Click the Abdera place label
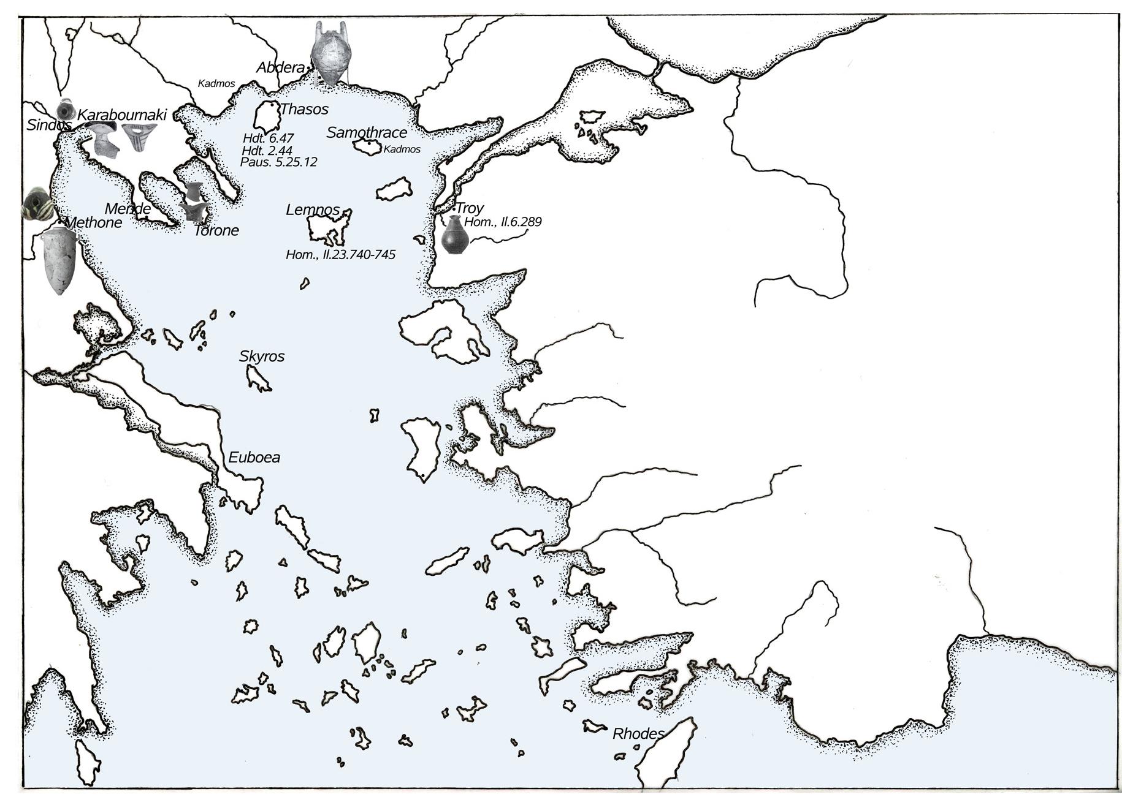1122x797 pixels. click(280, 67)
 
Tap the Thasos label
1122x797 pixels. click(304, 110)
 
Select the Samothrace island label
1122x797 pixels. click(367, 132)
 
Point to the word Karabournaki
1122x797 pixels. click(122, 115)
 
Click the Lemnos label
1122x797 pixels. click(312, 210)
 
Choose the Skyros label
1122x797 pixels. click(262, 357)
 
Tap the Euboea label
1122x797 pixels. click(254, 458)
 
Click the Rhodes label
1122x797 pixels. click(638, 734)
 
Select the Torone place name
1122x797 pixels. click(216, 231)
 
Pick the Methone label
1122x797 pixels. click(93, 222)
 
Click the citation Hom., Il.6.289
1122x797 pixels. click(503, 222)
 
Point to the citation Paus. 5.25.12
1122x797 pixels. click(278, 162)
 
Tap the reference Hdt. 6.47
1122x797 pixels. click(268, 138)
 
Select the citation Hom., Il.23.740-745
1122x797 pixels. click(340, 254)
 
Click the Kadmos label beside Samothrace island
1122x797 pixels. click(402, 149)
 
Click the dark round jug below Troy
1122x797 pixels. click(454, 236)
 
